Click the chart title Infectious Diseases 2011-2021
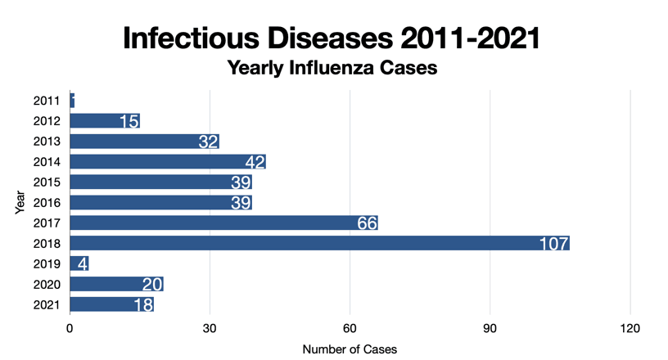coord(332,37)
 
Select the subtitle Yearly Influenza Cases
coord(332,69)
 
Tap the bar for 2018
coord(319,243)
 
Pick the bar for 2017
coord(223,223)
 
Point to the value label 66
coord(366,223)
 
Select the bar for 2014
coord(168,161)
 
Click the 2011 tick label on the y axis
coord(47,101)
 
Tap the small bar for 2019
coord(79,263)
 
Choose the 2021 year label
coord(47,304)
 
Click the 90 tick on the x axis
coord(490,328)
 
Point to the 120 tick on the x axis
coord(630,328)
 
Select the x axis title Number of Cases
coord(350,349)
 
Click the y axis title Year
coord(20,202)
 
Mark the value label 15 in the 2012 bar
coord(129,121)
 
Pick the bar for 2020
coord(116,284)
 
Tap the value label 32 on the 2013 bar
coord(208,142)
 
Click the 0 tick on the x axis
coord(70,328)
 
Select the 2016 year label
coord(47,202)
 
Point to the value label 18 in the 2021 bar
coord(143,305)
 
